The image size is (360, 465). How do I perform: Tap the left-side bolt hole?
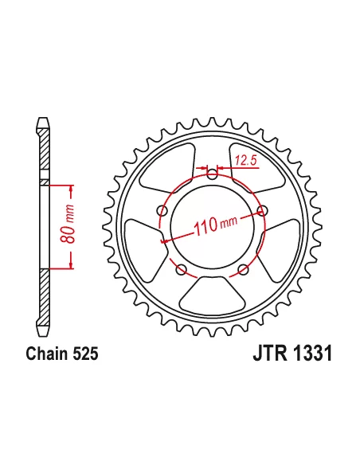162,211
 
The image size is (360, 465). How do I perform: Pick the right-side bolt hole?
262,211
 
